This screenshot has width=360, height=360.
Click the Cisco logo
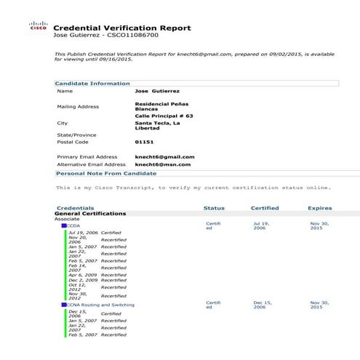click(x=38, y=26)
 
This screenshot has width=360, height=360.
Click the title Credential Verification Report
click(x=122, y=28)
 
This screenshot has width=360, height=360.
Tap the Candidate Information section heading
click(x=92, y=84)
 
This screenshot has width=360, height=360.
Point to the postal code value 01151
click(x=144, y=143)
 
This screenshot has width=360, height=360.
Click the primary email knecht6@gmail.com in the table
click(x=165, y=156)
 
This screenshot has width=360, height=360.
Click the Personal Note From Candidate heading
click(x=106, y=174)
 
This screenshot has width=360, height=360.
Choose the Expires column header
click(x=319, y=208)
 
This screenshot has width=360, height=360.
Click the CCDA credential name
click(x=74, y=226)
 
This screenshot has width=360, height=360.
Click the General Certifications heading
click(x=91, y=214)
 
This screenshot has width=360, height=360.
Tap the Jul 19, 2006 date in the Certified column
click(x=261, y=225)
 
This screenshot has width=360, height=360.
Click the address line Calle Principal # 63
click(x=164, y=115)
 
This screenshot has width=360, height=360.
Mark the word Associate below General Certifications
click(x=68, y=220)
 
